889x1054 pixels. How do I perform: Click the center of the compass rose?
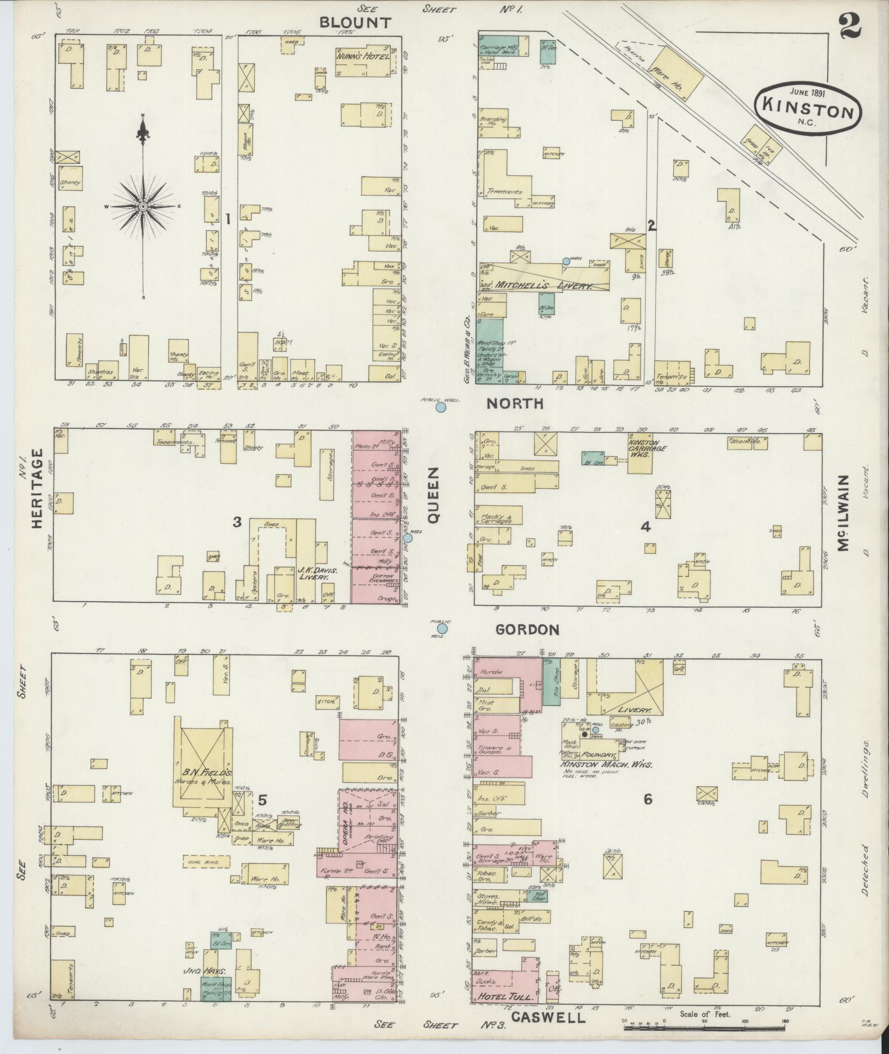(x=143, y=206)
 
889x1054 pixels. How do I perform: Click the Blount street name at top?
(x=355, y=23)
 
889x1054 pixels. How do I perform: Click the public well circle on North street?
(x=440, y=408)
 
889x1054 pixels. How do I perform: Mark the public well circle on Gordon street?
(x=442, y=629)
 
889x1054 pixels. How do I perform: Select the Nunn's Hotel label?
(x=362, y=56)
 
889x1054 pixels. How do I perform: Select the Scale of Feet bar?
(x=705, y=1028)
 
